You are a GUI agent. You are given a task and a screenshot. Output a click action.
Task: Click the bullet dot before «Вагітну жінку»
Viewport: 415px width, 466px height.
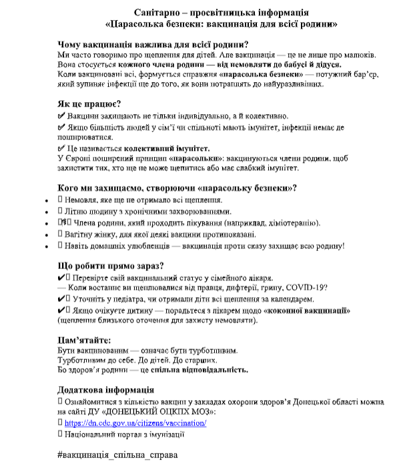pos(46,235)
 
